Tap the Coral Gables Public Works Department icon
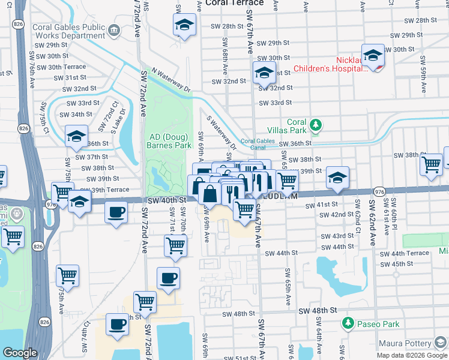tap(114, 29)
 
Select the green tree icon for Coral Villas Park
tap(315, 126)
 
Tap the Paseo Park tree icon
tap(347, 324)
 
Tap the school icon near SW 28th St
tap(184, 25)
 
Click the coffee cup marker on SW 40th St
tap(116, 212)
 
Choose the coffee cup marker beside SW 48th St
tap(117, 324)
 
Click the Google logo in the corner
tap(20, 353)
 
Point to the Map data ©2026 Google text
tap(412, 355)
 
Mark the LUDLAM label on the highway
tap(276, 195)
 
